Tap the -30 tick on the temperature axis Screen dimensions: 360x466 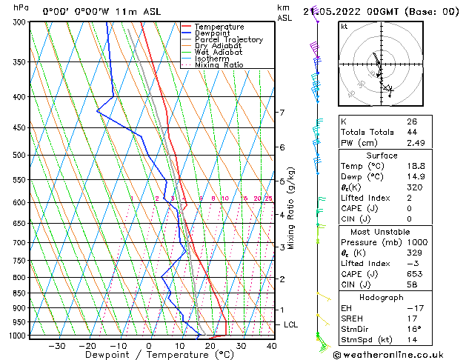click(56, 346)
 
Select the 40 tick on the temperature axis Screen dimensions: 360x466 click(271, 346)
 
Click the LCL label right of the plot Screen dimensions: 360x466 click(291, 324)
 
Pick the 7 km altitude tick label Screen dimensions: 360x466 click(282, 113)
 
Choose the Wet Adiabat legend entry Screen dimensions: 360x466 click(219, 53)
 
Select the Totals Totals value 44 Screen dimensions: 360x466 click(412, 132)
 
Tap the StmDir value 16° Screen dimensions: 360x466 click(414, 329)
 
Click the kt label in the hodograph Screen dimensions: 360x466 click(344, 27)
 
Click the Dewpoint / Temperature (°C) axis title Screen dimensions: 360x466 click(149, 356)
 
